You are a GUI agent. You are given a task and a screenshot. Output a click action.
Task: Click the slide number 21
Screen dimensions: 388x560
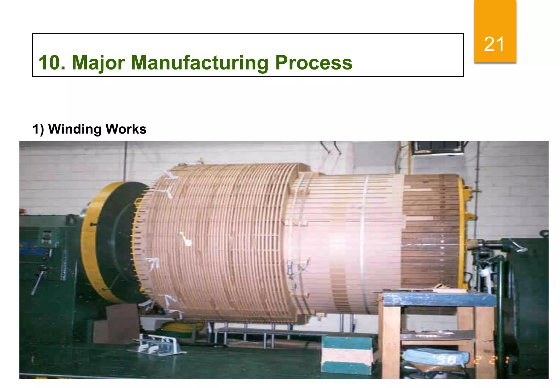[x=494, y=44]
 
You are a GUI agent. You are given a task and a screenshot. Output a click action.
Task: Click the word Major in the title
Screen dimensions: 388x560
[x=98, y=63]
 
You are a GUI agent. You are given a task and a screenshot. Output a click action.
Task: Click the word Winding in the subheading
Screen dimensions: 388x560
[x=74, y=129]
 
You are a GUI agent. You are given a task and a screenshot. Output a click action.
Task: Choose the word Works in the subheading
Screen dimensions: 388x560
[x=126, y=129]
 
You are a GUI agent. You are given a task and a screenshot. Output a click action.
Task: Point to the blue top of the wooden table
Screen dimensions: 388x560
[x=437, y=300]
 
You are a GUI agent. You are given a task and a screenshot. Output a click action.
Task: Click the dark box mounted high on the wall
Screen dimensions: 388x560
[x=437, y=148]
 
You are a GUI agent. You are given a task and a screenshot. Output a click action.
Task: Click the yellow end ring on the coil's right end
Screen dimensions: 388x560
[x=462, y=233]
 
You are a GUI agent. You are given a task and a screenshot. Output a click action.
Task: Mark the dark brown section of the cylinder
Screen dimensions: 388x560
[x=429, y=233]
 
